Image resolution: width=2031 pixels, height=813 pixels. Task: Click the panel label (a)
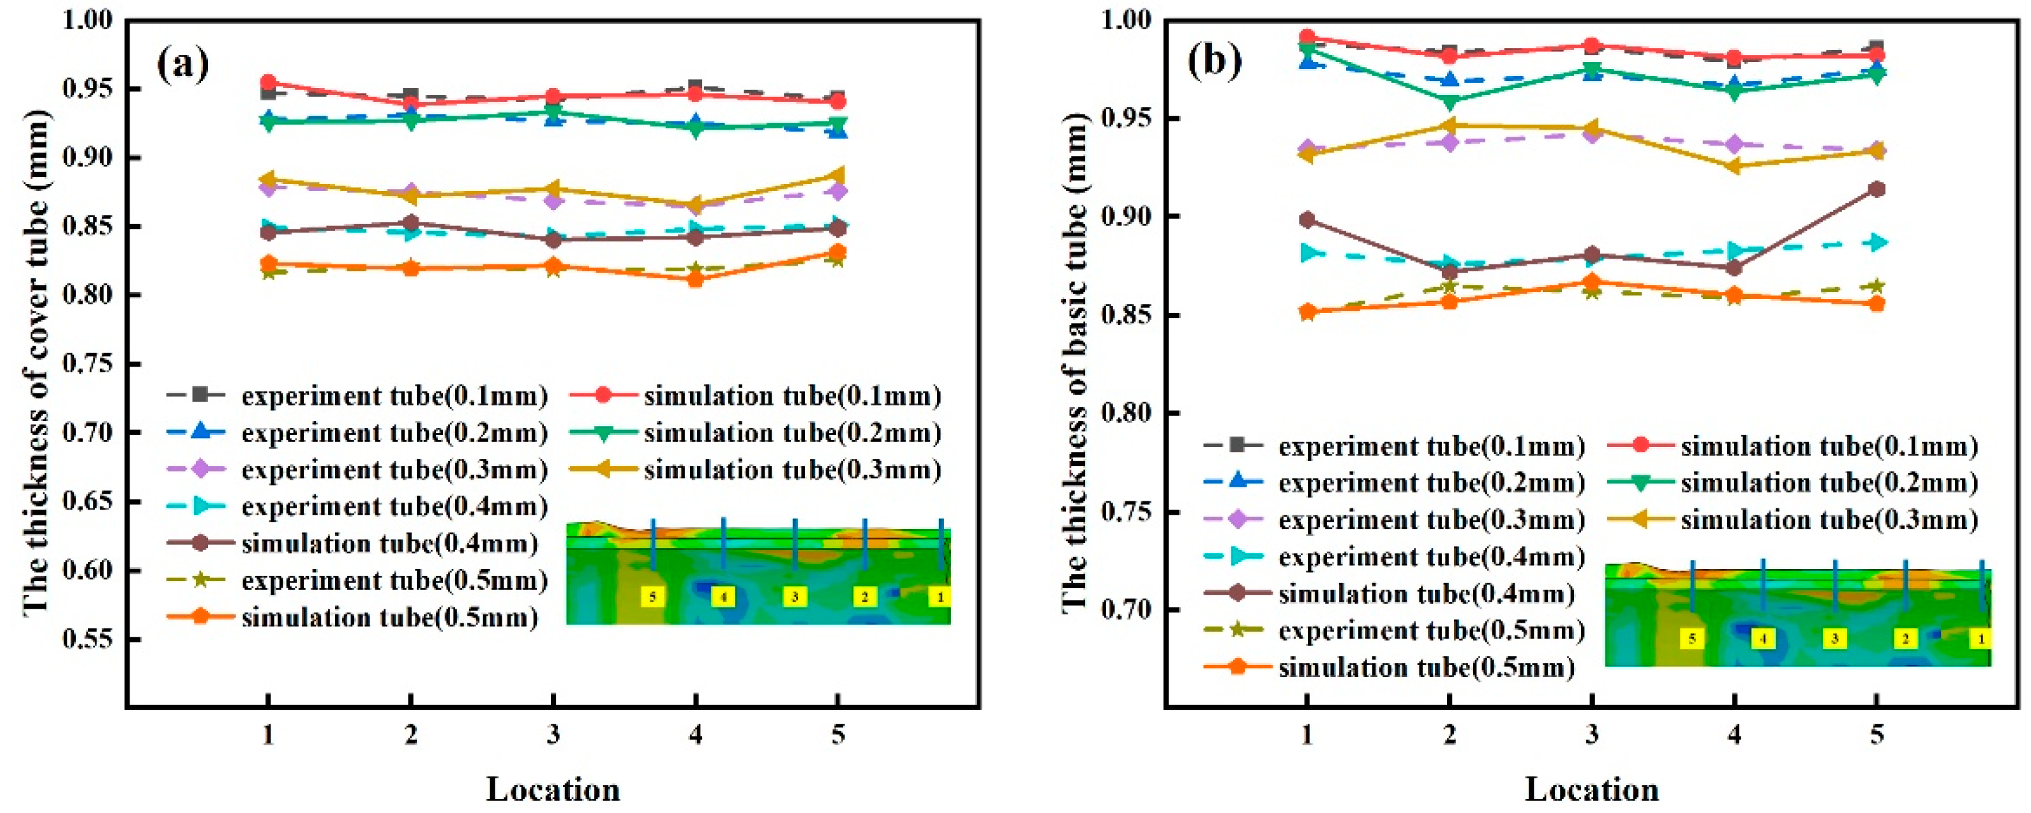tap(183, 65)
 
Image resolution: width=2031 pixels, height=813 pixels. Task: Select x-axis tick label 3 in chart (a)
tap(553, 735)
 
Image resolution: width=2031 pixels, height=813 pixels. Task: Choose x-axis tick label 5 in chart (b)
tap(1877, 735)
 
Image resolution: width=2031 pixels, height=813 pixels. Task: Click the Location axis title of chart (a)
tap(553, 789)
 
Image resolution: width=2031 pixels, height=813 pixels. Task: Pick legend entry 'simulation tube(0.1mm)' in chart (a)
tap(755, 395)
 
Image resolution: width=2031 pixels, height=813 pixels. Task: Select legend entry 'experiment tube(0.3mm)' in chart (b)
tap(1394, 520)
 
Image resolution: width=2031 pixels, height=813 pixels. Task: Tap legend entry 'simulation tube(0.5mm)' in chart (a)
tap(353, 617)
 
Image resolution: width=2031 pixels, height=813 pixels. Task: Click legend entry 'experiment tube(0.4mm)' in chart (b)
tap(1394, 557)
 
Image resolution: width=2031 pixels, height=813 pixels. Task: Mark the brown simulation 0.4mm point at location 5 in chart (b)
tap(1877, 189)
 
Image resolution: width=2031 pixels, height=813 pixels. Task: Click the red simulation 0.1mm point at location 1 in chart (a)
tap(268, 82)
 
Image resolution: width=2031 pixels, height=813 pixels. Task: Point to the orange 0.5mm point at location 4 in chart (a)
tap(695, 278)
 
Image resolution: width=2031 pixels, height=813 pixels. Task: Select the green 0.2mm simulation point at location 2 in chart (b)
tap(1449, 102)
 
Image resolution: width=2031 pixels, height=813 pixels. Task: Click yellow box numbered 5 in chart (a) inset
tap(652, 597)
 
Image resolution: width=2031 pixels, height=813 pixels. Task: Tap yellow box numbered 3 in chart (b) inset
tap(1834, 639)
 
